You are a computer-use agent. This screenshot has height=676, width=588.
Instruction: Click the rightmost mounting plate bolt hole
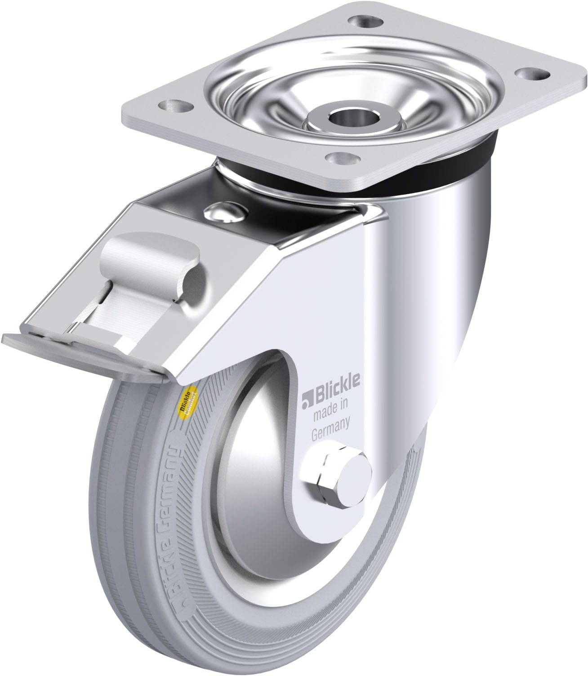[533, 73]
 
